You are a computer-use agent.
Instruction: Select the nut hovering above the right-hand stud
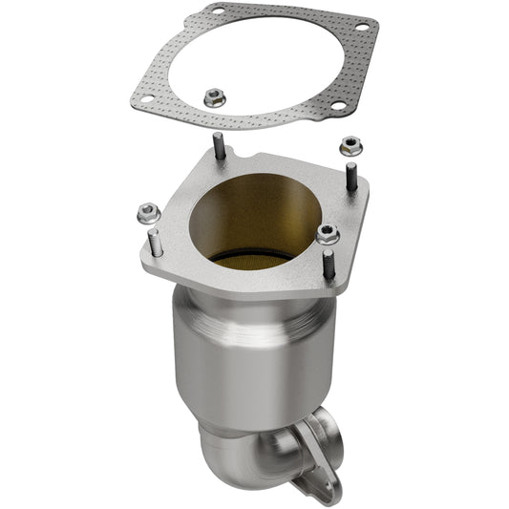350,145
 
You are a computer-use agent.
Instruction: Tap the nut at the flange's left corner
147,212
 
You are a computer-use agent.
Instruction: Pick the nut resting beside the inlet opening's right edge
328,233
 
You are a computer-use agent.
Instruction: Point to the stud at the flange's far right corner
351,178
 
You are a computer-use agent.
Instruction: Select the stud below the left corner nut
155,243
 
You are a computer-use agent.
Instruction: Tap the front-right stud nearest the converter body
329,264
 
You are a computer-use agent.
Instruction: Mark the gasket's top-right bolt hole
362,27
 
